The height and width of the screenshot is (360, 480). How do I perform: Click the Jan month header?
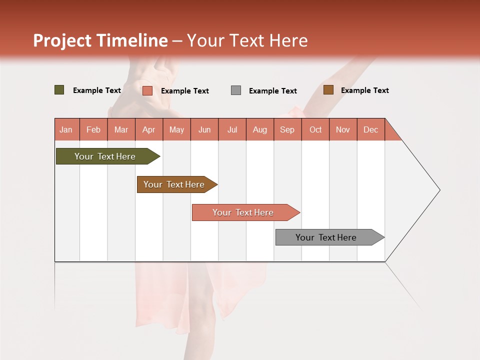click(66, 129)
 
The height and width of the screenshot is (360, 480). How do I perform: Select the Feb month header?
click(93, 129)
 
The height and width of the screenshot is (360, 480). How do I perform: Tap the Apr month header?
click(149, 129)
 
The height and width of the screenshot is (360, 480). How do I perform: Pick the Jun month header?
click(204, 129)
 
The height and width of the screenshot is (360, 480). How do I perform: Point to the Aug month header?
click(260, 129)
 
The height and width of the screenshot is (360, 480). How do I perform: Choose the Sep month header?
click(287, 129)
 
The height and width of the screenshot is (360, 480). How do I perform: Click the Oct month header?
click(315, 129)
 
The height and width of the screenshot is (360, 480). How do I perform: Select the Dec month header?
click(371, 129)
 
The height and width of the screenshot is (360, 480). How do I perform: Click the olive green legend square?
click(59, 90)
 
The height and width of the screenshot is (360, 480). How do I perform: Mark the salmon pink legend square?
click(147, 90)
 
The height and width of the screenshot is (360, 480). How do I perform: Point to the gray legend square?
click(236, 90)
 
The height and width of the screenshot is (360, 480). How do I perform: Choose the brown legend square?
click(328, 90)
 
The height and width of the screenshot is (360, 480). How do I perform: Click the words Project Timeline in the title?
click(100, 40)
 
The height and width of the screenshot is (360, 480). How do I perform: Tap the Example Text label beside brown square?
click(365, 90)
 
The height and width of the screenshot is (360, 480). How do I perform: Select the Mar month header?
click(121, 129)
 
